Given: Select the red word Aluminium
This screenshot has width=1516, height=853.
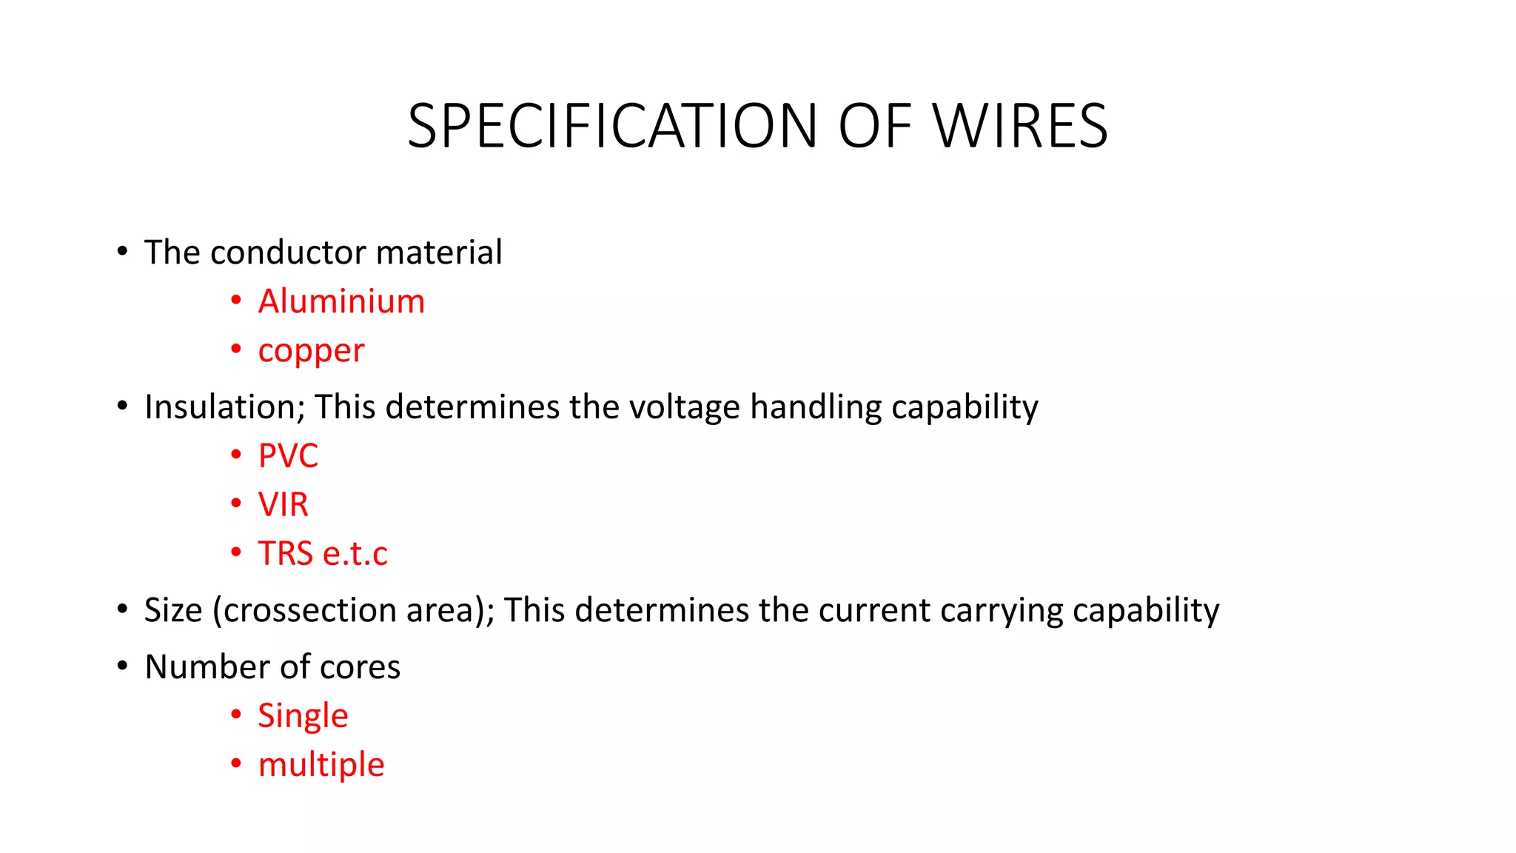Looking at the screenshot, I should [341, 301].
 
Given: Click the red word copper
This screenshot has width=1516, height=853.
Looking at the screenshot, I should [311, 351].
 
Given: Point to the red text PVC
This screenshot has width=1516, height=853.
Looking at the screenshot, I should [288, 455].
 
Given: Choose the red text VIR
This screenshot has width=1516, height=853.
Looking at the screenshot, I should [283, 504].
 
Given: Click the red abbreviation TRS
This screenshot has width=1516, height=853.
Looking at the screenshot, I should [285, 553].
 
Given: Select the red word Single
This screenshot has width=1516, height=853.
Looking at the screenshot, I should [303, 715].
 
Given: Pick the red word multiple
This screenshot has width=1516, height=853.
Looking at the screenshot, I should [321, 764].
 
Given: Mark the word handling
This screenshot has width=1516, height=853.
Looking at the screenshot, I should [816, 407].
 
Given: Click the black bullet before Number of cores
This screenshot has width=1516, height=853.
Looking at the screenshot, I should [123, 665].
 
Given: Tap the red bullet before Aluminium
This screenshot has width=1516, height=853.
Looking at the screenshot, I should [236, 300].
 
